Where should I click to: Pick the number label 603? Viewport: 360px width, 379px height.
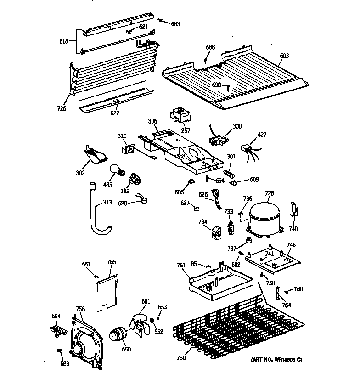click(x=284, y=56)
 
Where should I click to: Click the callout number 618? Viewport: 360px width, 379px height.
click(x=64, y=41)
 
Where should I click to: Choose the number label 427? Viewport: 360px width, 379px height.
click(x=261, y=135)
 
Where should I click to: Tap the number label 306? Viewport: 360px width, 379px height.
click(x=152, y=122)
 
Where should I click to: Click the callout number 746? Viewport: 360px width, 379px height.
click(x=292, y=245)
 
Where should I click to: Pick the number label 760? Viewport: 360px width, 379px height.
click(x=298, y=289)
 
